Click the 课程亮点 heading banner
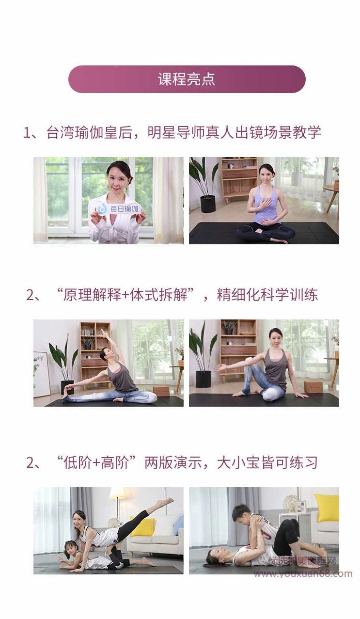pyautogui.click(x=187, y=79)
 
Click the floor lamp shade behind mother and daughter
pyautogui.click(x=117, y=493)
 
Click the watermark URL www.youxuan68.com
pyautogui.click(x=303, y=574)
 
